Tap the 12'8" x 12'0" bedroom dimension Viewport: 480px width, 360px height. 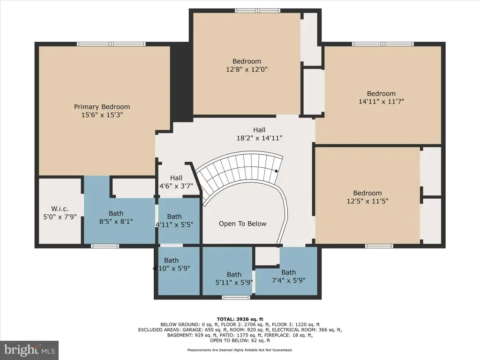[x=247, y=69]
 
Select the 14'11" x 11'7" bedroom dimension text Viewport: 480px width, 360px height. [x=382, y=101]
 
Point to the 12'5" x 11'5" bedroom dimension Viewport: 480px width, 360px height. [x=367, y=201]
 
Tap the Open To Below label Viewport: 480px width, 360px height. [x=242, y=224]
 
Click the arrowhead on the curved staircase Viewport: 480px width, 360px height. [x=277, y=171]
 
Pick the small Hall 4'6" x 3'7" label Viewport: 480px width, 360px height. [x=176, y=182]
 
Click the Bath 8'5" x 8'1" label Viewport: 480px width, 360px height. [x=116, y=217]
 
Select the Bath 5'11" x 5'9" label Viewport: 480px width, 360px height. [x=234, y=278]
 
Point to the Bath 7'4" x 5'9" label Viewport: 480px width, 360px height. [x=289, y=277]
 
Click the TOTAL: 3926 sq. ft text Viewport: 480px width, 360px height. [x=240, y=319]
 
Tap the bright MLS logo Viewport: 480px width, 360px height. [x=30, y=350]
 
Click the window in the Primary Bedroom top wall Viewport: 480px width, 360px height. [x=111, y=44]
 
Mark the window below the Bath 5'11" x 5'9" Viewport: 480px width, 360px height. [x=236, y=297]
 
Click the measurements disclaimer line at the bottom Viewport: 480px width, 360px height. [x=240, y=350]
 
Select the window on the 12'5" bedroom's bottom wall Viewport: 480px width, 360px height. [x=379, y=246]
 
